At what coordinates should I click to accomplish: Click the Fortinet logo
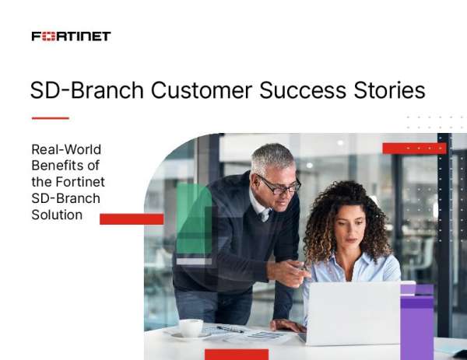(71, 36)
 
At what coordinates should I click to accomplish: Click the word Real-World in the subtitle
(66, 149)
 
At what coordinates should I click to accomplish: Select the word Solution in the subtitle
(57, 215)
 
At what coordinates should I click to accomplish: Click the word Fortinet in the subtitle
(77, 182)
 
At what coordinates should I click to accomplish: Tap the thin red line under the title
(50, 118)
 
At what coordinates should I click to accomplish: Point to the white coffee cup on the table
(191, 327)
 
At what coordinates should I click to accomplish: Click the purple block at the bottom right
(416, 323)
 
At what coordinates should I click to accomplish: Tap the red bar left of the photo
(132, 219)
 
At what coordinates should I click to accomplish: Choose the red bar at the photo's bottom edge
(236, 354)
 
